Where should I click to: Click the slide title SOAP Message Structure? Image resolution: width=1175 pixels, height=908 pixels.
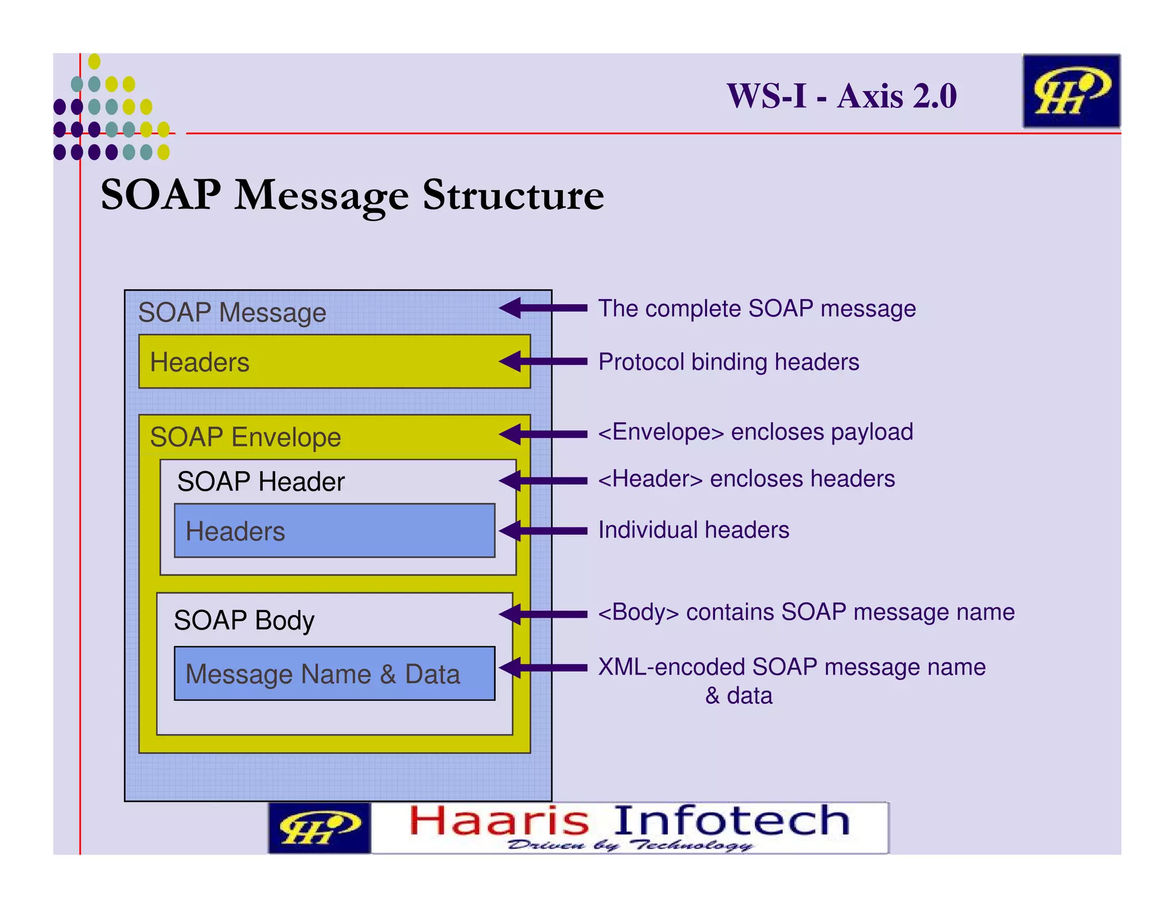click(x=352, y=196)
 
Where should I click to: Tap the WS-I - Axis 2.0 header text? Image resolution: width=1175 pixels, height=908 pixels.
click(x=841, y=96)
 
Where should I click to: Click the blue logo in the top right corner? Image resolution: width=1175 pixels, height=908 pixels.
click(x=1071, y=91)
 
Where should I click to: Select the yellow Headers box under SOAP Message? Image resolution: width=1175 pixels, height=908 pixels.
click(x=334, y=362)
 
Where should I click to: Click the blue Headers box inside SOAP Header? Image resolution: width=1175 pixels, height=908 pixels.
click(x=334, y=531)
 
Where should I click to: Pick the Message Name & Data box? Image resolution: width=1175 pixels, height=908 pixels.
click(x=334, y=674)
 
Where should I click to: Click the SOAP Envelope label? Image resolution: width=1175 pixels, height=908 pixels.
click(x=246, y=437)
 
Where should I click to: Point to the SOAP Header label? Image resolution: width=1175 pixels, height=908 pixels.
click(x=260, y=482)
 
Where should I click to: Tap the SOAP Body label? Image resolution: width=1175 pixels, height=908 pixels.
click(x=244, y=620)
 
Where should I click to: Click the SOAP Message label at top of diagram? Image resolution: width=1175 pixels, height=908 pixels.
click(x=232, y=313)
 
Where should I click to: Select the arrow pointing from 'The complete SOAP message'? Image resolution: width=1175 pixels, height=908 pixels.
click(x=542, y=308)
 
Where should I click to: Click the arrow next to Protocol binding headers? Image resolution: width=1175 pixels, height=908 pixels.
click(x=542, y=362)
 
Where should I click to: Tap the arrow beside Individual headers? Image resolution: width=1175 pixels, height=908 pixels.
click(x=542, y=530)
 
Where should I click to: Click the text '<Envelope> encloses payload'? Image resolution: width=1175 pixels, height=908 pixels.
click(x=755, y=432)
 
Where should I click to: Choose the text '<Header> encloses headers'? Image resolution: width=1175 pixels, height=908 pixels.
click(x=746, y=479)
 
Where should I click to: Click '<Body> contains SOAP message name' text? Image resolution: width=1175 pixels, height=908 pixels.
click(x=806, y=612)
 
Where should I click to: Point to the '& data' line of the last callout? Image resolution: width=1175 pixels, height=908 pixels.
click(x=738, y=696)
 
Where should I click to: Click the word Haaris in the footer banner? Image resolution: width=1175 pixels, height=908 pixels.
click(x=499, y=821)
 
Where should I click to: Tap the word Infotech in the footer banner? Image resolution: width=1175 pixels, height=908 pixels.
click(x=732, y=821)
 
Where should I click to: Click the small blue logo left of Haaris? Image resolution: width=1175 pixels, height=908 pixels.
click(x=319, y=828)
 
